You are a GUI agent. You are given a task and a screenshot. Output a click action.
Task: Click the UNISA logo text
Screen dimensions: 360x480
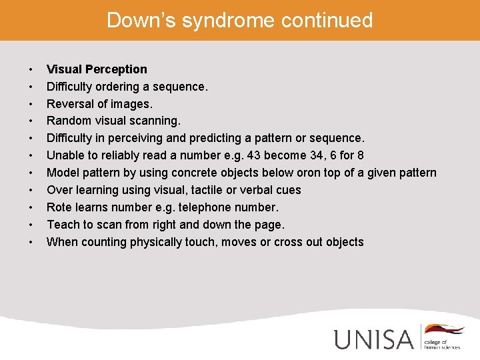click(374, 339)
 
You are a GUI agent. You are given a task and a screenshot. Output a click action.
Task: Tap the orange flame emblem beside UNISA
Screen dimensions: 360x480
click(445, 331)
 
